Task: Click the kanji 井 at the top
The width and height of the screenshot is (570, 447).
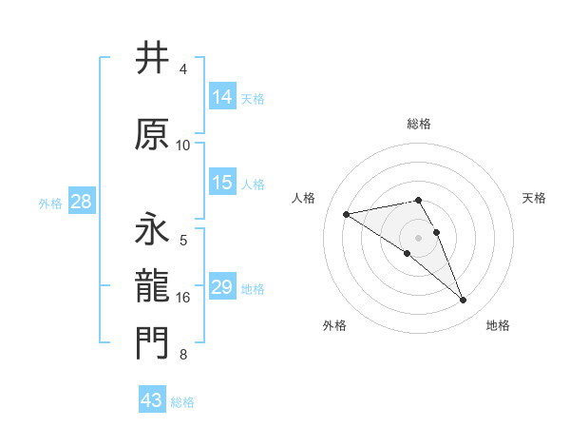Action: (x=153, y=59)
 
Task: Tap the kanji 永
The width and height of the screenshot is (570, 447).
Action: (x=153, y=229)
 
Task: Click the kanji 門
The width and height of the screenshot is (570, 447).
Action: (x=153, y=344)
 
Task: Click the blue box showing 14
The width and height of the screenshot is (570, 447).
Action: (x=222, y=97)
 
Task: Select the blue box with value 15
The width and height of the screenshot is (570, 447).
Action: (x=222, y=183)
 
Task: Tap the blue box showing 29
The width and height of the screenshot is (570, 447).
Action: (x=222, y=287)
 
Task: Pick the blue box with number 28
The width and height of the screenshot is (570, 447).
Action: (x=81, y=202)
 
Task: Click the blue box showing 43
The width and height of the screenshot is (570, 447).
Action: (x=152, y=400)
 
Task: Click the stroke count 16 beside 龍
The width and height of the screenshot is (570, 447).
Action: (x=183, y=298)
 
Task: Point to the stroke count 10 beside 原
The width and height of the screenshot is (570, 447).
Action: (x=183, y=146)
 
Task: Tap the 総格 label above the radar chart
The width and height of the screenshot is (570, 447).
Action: (x=418, y=124)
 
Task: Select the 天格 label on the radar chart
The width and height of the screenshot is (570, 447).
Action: (x=534, y=198)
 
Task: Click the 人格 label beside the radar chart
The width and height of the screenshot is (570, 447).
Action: (x=304, y=198)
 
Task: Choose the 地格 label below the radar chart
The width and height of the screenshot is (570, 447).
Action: (x=498, y=326)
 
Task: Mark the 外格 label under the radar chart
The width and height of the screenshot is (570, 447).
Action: (x=334, y=326)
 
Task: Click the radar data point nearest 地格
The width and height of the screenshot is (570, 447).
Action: (x=463, y=301)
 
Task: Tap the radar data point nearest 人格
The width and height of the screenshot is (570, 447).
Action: (x=346, y=213)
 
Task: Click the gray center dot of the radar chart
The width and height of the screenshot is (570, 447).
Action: (x=418, y=236)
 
